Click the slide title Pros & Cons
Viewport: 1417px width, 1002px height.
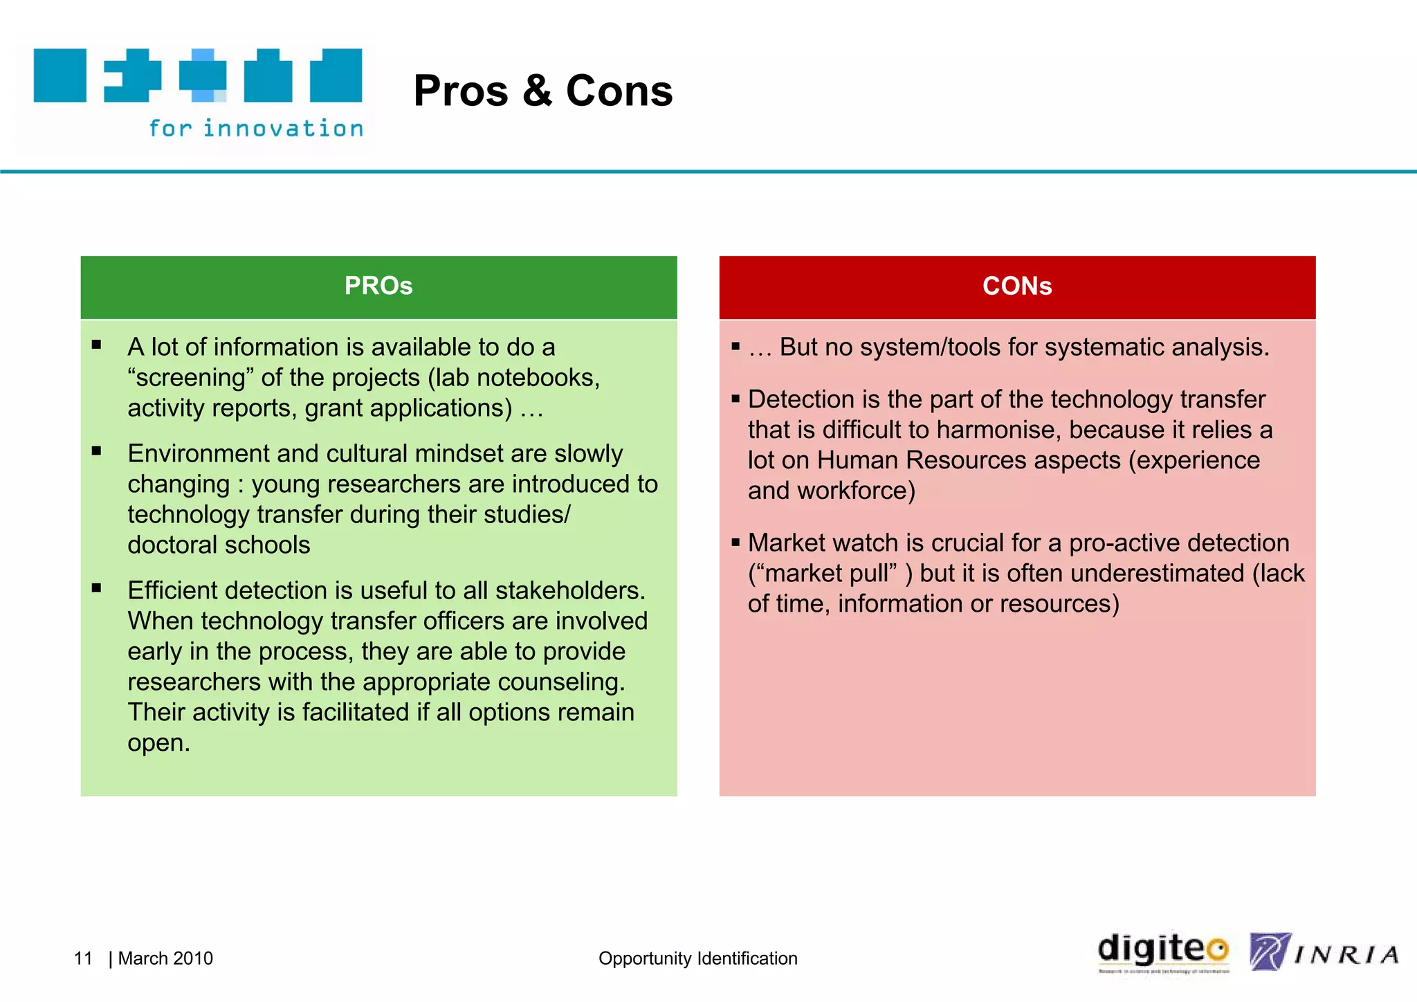click(x=543, y=91)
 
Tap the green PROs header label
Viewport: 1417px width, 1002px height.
click(x=378, y=286)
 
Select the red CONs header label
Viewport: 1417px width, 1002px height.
click(x=1017, y=286)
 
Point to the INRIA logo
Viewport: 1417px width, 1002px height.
click(x=1324, y=954)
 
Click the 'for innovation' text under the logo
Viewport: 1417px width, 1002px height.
click(x=256, y=129)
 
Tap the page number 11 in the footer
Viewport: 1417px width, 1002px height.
click(x=83, y=958)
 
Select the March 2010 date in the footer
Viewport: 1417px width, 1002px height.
click(x=165, y=958)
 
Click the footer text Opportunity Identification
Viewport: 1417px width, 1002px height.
click(x=697, y=958)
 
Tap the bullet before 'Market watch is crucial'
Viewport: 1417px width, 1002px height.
click(x=735, y=543)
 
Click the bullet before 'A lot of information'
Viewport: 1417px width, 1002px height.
click(x=96, y=345)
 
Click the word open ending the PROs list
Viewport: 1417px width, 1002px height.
click(x=158, y=743)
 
